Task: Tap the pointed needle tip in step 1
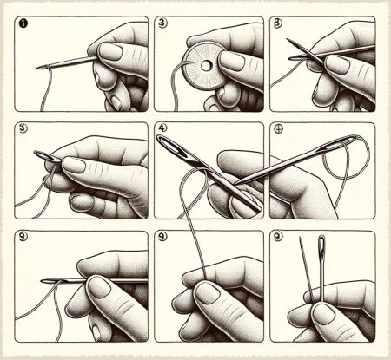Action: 40,68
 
